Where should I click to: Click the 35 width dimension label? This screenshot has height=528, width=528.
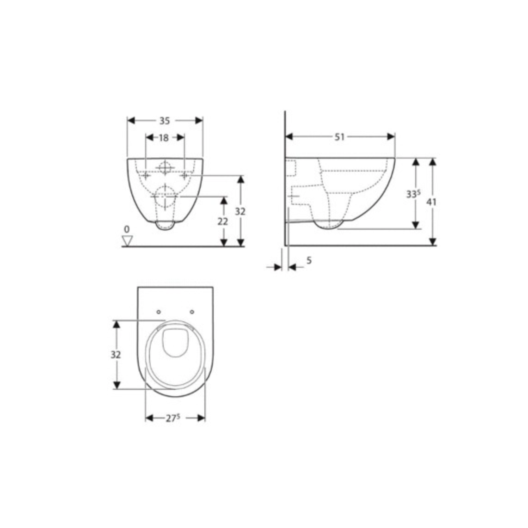point(164,121)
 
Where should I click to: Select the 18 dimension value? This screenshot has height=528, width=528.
point(164,138)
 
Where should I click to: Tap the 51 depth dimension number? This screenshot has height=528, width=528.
point(339,137)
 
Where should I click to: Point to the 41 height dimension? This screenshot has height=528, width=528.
point(431,202)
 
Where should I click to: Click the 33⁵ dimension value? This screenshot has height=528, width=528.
point(413,194)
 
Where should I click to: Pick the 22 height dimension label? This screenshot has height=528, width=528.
point(222,221)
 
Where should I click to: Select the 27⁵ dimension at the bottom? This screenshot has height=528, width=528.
point(173,418)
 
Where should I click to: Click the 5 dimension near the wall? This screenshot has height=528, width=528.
point(309,260)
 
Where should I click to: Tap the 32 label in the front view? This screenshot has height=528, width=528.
point(240,211)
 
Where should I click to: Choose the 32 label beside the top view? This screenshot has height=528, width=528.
point(116,355)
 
